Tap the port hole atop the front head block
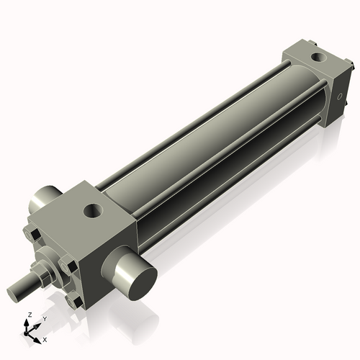[x=92, y=211]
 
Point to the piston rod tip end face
[x=14, y=293]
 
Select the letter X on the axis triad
[x=45, y=338]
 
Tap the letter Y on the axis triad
[x=44, y=318]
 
